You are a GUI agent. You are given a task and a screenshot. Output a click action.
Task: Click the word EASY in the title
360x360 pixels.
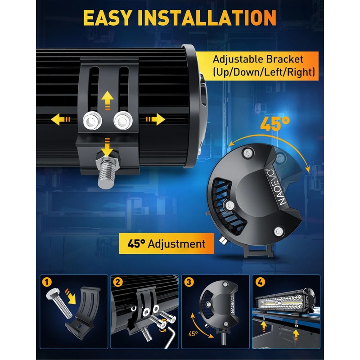(108, 18)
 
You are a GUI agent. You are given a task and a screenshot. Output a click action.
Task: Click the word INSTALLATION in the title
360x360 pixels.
(207, 18)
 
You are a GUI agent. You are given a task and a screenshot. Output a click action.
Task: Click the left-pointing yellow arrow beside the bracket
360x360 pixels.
(60, 119)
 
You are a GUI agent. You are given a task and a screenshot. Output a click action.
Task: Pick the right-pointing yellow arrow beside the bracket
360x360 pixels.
(155, 119)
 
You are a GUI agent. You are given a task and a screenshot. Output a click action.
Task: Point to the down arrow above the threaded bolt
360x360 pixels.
(107, 147)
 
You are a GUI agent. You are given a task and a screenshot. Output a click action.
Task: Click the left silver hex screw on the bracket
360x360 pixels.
(92, 121)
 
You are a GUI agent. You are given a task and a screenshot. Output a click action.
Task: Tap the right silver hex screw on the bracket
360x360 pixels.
(123, 121)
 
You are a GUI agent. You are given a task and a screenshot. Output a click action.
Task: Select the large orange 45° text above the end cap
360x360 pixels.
(275, 124)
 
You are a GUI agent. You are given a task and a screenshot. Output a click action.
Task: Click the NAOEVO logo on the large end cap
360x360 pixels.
(277, 187)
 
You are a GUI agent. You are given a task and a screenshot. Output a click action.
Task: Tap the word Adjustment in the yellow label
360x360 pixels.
(176, 244)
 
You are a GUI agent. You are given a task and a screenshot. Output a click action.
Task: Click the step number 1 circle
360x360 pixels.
(47, 282)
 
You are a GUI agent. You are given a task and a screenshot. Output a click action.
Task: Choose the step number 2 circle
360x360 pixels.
(118, 282)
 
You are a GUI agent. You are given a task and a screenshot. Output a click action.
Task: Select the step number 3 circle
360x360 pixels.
(189, 282)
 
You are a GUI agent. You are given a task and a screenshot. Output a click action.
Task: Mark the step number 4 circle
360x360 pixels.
(260, 282)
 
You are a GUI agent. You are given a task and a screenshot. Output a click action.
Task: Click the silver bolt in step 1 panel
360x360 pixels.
(59, 303)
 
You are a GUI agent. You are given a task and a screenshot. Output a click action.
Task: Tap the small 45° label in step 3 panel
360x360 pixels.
(193, 333)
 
